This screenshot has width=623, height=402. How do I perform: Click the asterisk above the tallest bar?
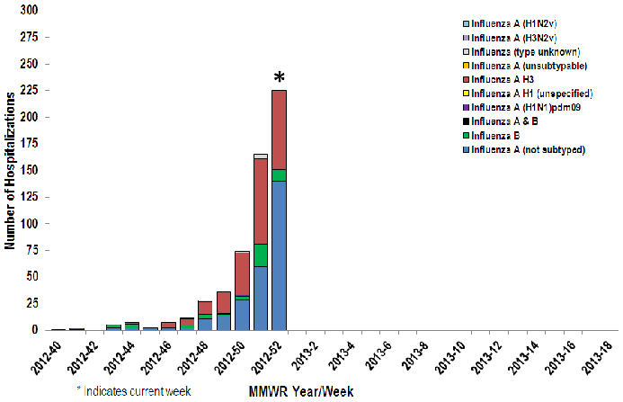279,79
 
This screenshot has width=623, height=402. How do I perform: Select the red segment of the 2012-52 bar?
279,130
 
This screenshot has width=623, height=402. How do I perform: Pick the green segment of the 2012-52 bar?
279,175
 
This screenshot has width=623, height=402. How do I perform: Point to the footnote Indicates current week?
136,391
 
